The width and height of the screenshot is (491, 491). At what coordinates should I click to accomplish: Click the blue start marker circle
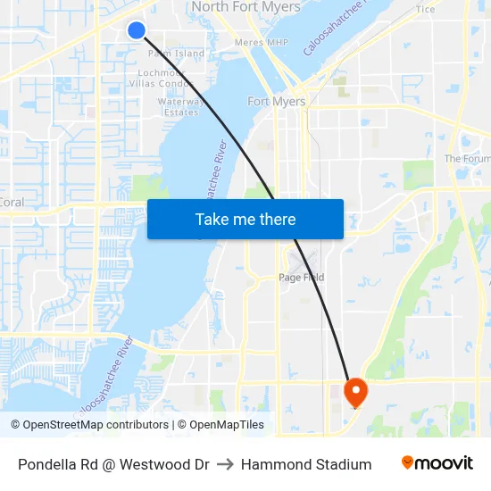point(137,30)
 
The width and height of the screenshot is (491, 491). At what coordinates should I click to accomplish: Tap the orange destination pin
point(355,390)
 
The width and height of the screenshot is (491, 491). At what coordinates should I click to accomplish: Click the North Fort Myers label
point(247,7)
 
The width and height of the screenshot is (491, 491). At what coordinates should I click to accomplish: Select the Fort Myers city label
point(277,102)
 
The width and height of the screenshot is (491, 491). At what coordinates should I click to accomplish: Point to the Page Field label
point(300,278)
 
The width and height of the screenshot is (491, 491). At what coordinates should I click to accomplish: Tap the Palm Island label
point(176,54)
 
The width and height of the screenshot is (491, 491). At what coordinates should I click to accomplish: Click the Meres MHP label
point(261,42)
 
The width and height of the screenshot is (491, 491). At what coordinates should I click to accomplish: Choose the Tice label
point(426,10)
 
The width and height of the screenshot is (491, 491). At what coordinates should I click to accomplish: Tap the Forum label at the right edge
point(468,159)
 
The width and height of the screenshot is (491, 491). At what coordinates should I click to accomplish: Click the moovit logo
point(437,463)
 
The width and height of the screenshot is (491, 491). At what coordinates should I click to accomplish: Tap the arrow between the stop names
point(225,464)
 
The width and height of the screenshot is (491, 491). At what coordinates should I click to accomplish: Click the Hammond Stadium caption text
point(306,464)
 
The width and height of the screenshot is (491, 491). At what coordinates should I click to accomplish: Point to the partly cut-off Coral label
point(11,203)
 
